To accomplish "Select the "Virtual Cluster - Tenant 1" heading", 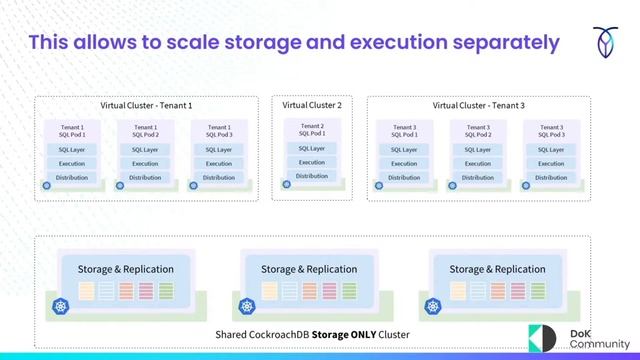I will [x=146, y=105].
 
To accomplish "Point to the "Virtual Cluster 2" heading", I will [x=312, y=105].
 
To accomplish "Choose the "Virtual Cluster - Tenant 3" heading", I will [x=478, y=105].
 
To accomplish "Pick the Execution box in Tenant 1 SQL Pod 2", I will [x=146, y=164].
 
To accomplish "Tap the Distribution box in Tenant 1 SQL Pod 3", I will [x=219, y=178].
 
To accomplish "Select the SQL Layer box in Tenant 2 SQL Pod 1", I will [x=312, y=148].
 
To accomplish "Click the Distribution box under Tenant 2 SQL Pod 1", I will [x=312, y=176].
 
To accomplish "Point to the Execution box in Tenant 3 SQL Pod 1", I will [x=404, y=164].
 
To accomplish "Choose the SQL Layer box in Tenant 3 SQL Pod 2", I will [x=478, y=150].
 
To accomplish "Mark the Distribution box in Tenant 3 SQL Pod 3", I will [x=551, y=178].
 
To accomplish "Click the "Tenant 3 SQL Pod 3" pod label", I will [x=551, y=130].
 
